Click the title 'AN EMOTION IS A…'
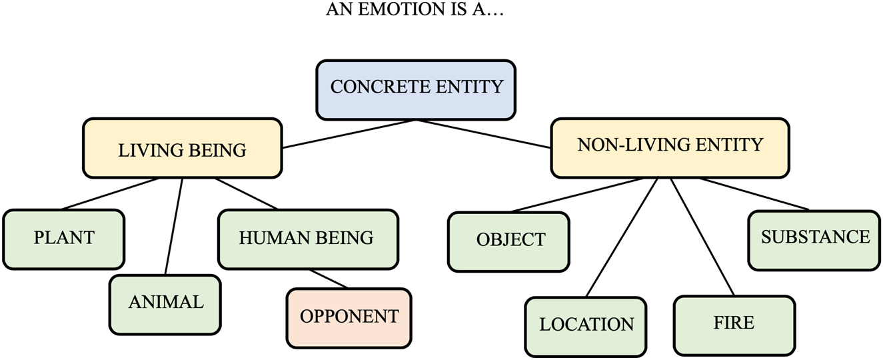pyautogui.click(x=415, y=11)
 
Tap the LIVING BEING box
pyautogui.click(x=182, y=149)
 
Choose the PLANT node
pyautogui.click(x=64, y=239)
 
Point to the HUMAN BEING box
pyautogui.click(x=308, y=239)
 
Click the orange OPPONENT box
pyautogui.click(x=349, y=317)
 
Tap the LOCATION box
pyautogui.click(x=586, y=326)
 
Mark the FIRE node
pyautogui.click(x=734, y=325)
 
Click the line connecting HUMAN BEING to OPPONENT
pyautogui.click(x=329, y=278)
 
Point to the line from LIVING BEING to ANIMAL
pyautogui.click(x=174, y=227)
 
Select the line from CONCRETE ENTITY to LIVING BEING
pyautogui.click(x=350, y=134)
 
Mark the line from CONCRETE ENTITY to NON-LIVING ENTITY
pyautogui.click(x=484, y=133)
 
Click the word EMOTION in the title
pyautogui.click(x=397, y=11)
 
